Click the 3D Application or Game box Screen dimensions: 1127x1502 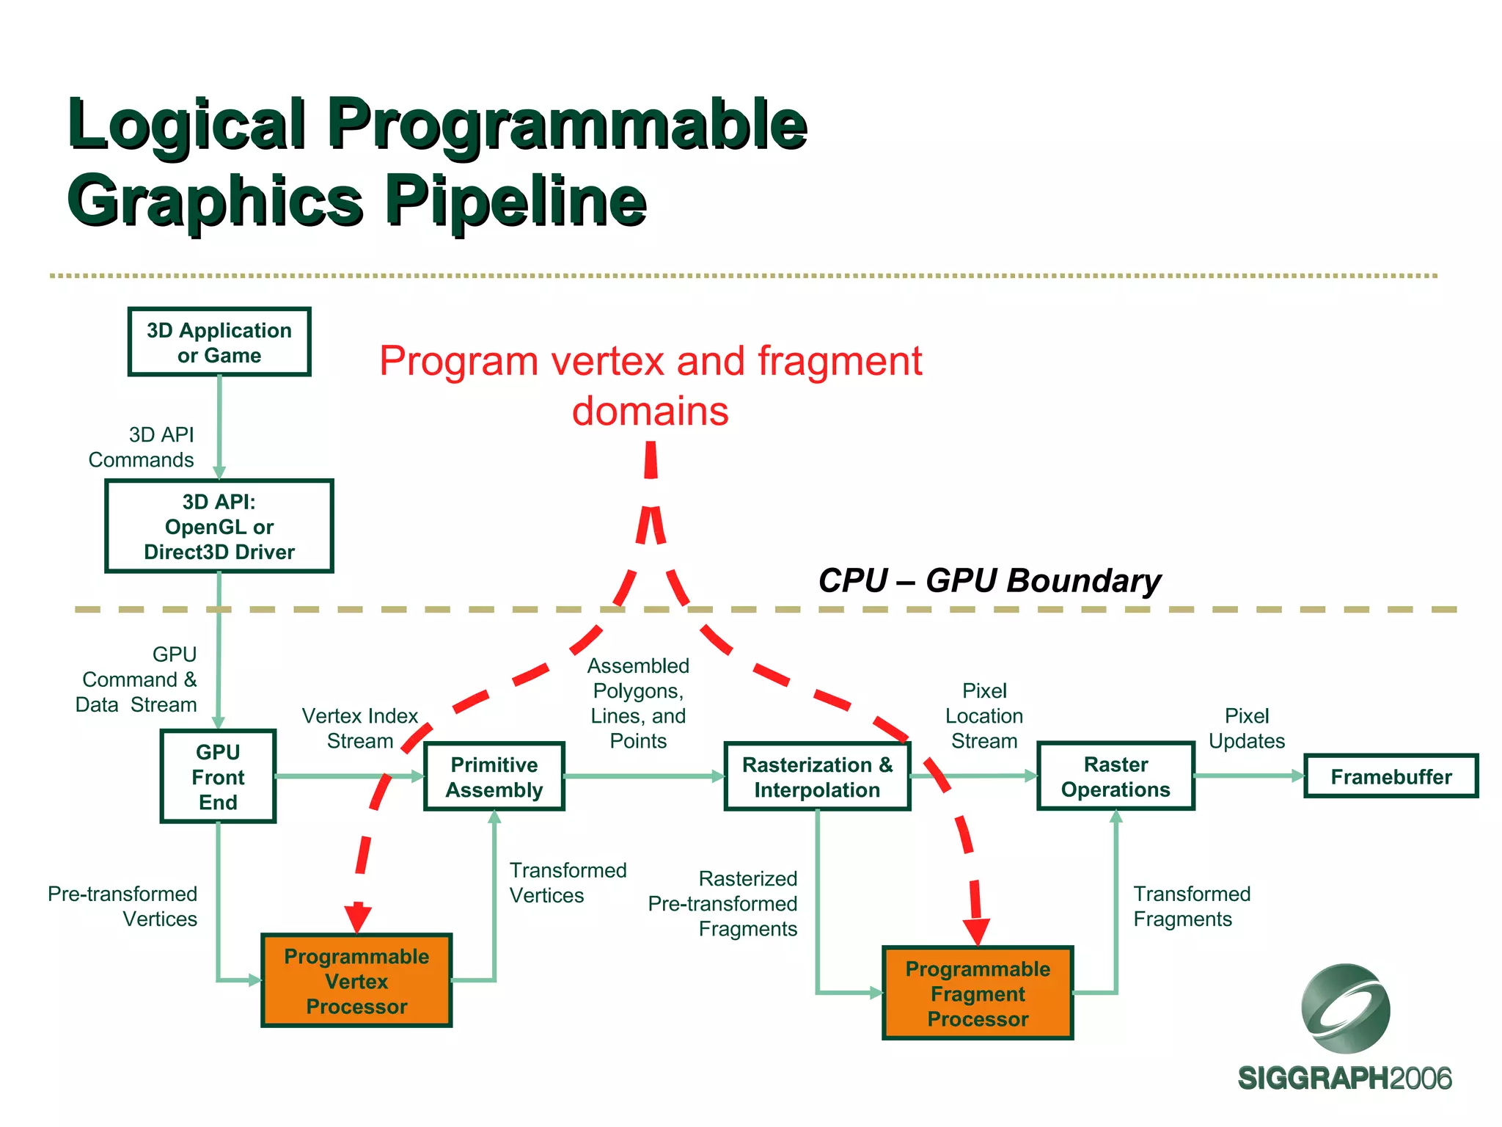[x=219, y=343]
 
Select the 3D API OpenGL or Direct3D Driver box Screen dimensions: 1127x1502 [x=219, y=527]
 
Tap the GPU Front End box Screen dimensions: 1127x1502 [x=218, y=776]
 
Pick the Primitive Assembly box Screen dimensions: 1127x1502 [x=494, y=776]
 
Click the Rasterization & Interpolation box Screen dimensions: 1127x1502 [x=817, y=776]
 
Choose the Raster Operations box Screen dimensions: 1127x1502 [x=1115, y=776]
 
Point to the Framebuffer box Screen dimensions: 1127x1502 [x=1391, y=776]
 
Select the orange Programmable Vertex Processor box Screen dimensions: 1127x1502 [x=356, y=981]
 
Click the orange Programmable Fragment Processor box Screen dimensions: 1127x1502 [x=978, y=993]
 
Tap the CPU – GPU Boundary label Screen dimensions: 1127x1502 [x=989, y=580]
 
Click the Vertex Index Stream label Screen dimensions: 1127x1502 [x=359, y=728]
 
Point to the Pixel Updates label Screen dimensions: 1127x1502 [x=1247, y=728]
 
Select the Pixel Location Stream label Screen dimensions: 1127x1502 [x=984, y=715]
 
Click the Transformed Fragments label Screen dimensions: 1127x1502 [x=1192, y=906]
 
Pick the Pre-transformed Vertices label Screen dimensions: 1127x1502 [x=122, y=906]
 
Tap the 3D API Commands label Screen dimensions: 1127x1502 [x=142, y=447]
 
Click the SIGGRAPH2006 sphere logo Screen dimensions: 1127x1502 [x=1345, y=1009]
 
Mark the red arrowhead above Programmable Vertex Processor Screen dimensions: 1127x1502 [x=357, y=917]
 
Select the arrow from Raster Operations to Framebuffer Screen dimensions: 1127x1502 [x=1249, y=776]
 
